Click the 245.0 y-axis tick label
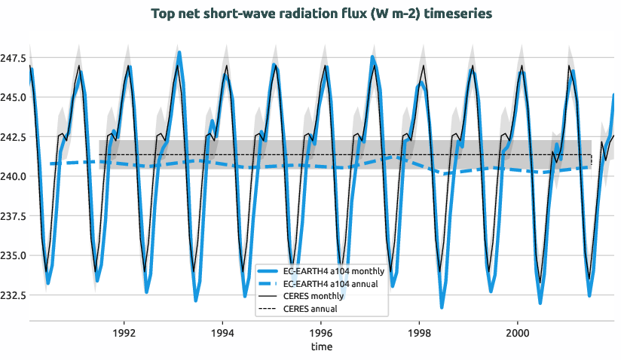(x=14, y=97)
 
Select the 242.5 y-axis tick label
(x=14, y=137)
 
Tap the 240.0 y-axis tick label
(x=14, y=176)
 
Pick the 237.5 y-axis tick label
(x=14, y=216)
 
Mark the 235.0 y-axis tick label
(x=14, y=255)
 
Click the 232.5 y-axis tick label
(x=14, y=294)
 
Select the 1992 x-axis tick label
(x=124, y=332)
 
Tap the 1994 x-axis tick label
(x=222, y=332)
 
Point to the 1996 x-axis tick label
(x=321, y=332)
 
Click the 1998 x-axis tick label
(x=419, y=332)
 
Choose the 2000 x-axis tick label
(x=518, y=332)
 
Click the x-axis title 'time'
(x=321, y=347)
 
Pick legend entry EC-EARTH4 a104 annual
(x=332, y=283)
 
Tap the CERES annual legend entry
(x=310, y=309)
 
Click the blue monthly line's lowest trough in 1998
(x=442, y=307)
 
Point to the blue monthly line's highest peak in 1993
(x=179, y=53)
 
